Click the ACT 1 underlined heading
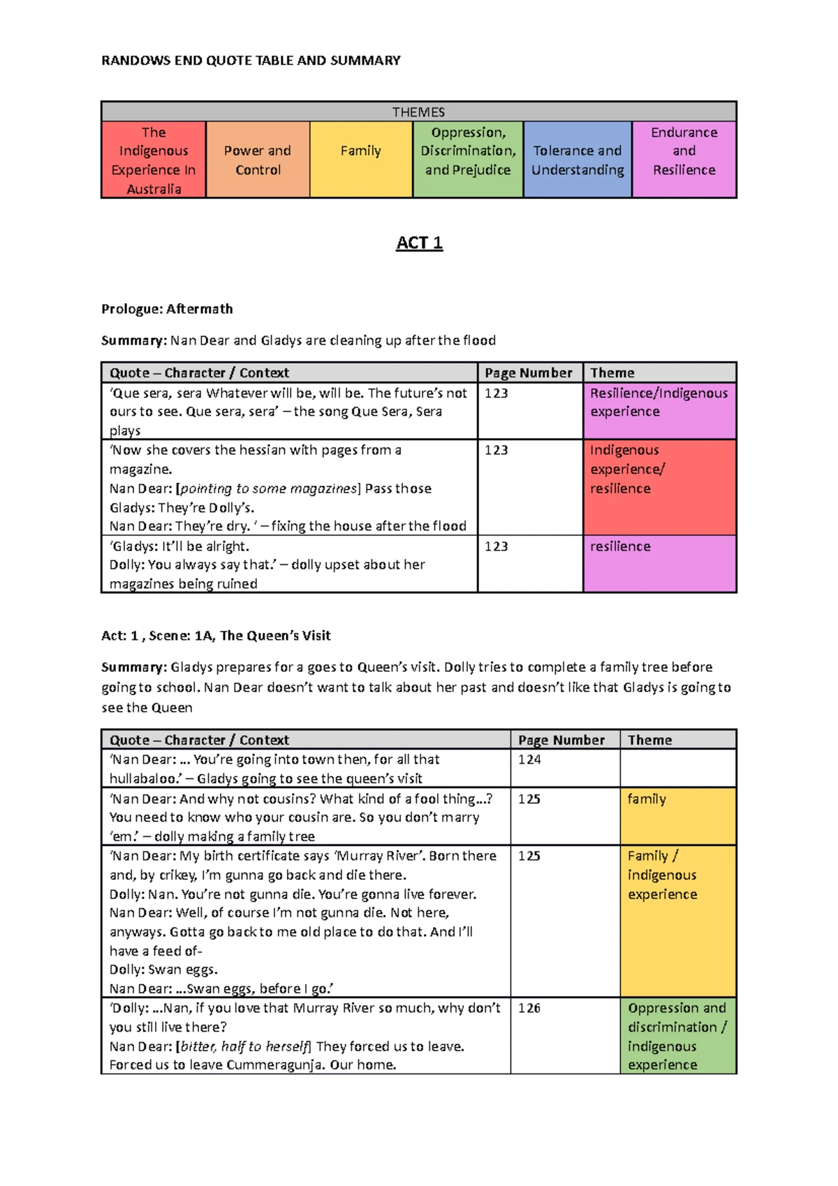click(419, 243)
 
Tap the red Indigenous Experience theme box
click(154, 160)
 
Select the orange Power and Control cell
click(258, 160)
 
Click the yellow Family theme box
click(360, 160)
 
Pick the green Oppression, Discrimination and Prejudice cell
click(468, 160)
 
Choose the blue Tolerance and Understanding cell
click(578, 160)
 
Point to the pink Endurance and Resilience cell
click(684, 160)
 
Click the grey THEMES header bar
click(418, 112)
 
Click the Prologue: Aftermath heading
click(167, 309)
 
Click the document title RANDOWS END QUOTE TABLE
click(251, 61)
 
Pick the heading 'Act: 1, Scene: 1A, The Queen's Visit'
click(216, 636)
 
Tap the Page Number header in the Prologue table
click(528, 373)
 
